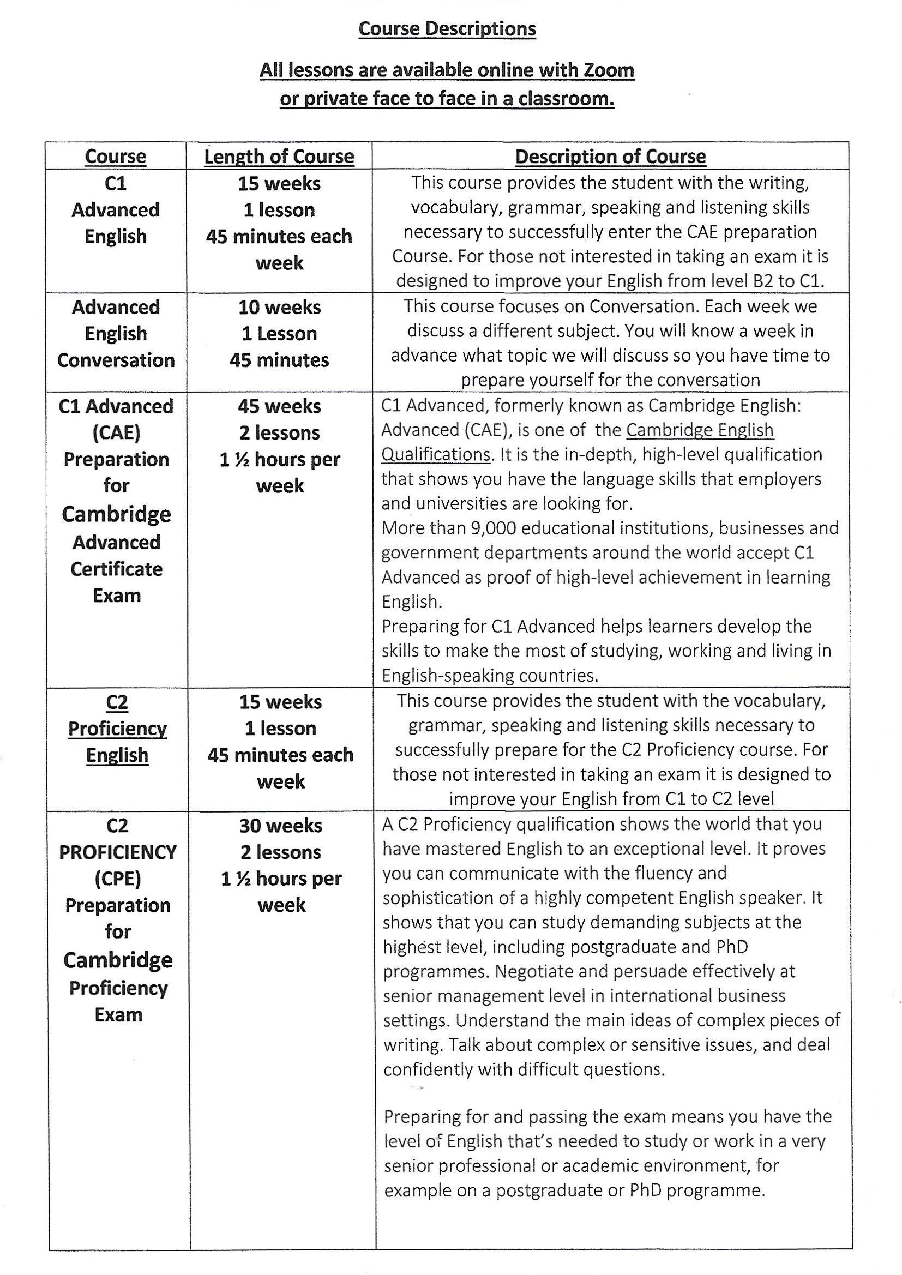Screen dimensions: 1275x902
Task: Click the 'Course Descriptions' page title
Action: click(x=447, y=29)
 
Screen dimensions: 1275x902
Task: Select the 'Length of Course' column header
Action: click(x=279, y=157)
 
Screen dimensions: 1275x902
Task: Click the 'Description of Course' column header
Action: click(x=610, y=157)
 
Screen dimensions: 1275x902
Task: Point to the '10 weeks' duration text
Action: click(x=279, y=307)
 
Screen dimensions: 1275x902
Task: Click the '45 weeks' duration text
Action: click(x=279, y=406)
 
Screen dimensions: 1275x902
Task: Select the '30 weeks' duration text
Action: click(x=280, y=826)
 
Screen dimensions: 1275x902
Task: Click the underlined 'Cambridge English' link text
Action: click(x=700, y=430)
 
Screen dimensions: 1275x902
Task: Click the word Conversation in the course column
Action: click(x=116, y=360)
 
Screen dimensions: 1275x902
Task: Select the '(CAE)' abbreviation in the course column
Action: click(x=116, y=432)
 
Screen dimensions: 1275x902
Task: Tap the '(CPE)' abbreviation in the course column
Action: click(x=118, y=879)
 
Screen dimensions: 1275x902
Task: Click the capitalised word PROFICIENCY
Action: click(x=118, y=852)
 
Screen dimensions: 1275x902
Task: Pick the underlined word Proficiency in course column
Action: click(x=117, y=729)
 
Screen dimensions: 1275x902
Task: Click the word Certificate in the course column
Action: click(x=117, y=569)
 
